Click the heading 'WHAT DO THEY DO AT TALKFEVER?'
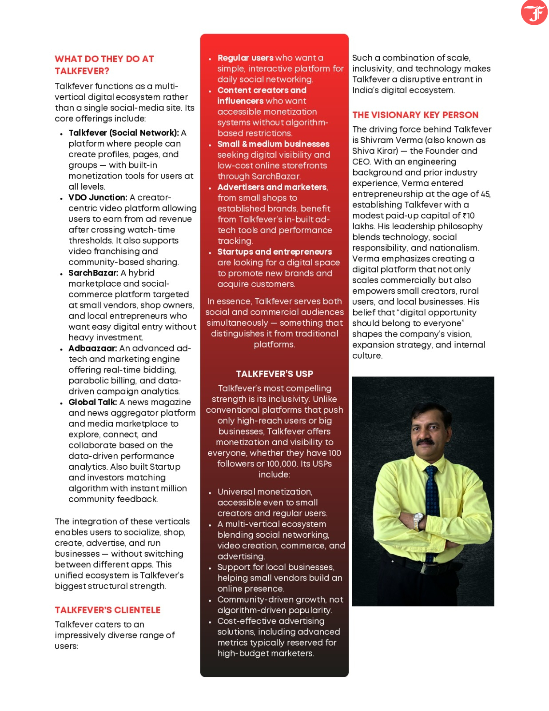(104, 65)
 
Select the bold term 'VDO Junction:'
(98, 197)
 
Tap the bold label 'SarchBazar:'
(93, 273)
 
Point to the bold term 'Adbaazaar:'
(93, 348)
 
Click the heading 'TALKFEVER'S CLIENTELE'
(107, 610)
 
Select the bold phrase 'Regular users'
(245, 58)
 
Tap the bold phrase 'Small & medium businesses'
(273, 144)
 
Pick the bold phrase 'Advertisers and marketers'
(272, 187)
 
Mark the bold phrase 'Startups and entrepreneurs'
(274, 252)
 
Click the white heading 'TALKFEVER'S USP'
(274, 374)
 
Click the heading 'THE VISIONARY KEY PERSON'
(415, 115)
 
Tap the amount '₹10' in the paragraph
(469, 216)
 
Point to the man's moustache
(425, 442)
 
